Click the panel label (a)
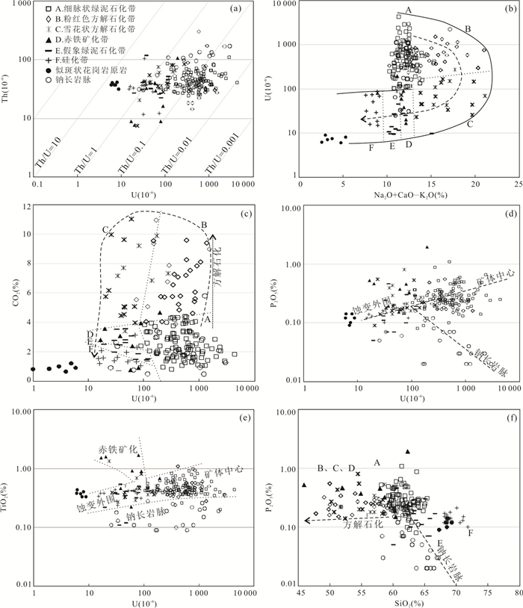click(236, 9)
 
